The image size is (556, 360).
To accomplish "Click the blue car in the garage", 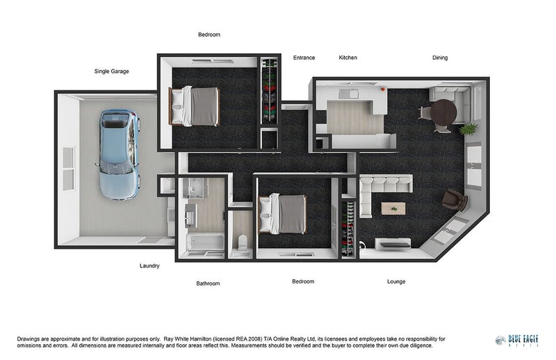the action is [x=118, y=155].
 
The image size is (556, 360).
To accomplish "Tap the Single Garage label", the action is [x=112, y=72].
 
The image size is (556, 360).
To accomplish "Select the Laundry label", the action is [x=149, y=265].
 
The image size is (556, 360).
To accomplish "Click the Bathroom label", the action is [x=208, y=284].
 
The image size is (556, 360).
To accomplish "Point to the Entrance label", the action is [x=304, y=58].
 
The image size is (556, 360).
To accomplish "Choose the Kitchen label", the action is [x=348, y=58].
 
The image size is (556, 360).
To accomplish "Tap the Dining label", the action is [x=440, y=58].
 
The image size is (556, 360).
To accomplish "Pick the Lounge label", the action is [x=396, y=281].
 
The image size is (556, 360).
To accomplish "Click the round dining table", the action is [x=443, y=112].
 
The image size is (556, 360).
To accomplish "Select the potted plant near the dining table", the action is [x=468, y=129].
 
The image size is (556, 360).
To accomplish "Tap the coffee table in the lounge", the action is [x=393, y=208].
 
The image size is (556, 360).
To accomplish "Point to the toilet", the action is [x=243, y=242].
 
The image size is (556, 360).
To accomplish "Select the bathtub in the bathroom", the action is [x=206, y=241].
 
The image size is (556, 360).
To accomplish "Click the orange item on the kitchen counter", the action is [x=383, y=90].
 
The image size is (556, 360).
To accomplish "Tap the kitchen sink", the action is [x=349, y=94].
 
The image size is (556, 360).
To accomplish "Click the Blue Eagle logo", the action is [x=517, y=341].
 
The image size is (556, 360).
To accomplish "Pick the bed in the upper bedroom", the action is [x=194, y=106].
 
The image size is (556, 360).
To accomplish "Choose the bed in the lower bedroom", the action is [x=283, y=214].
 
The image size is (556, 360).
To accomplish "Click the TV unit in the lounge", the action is [x=393, y=243].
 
